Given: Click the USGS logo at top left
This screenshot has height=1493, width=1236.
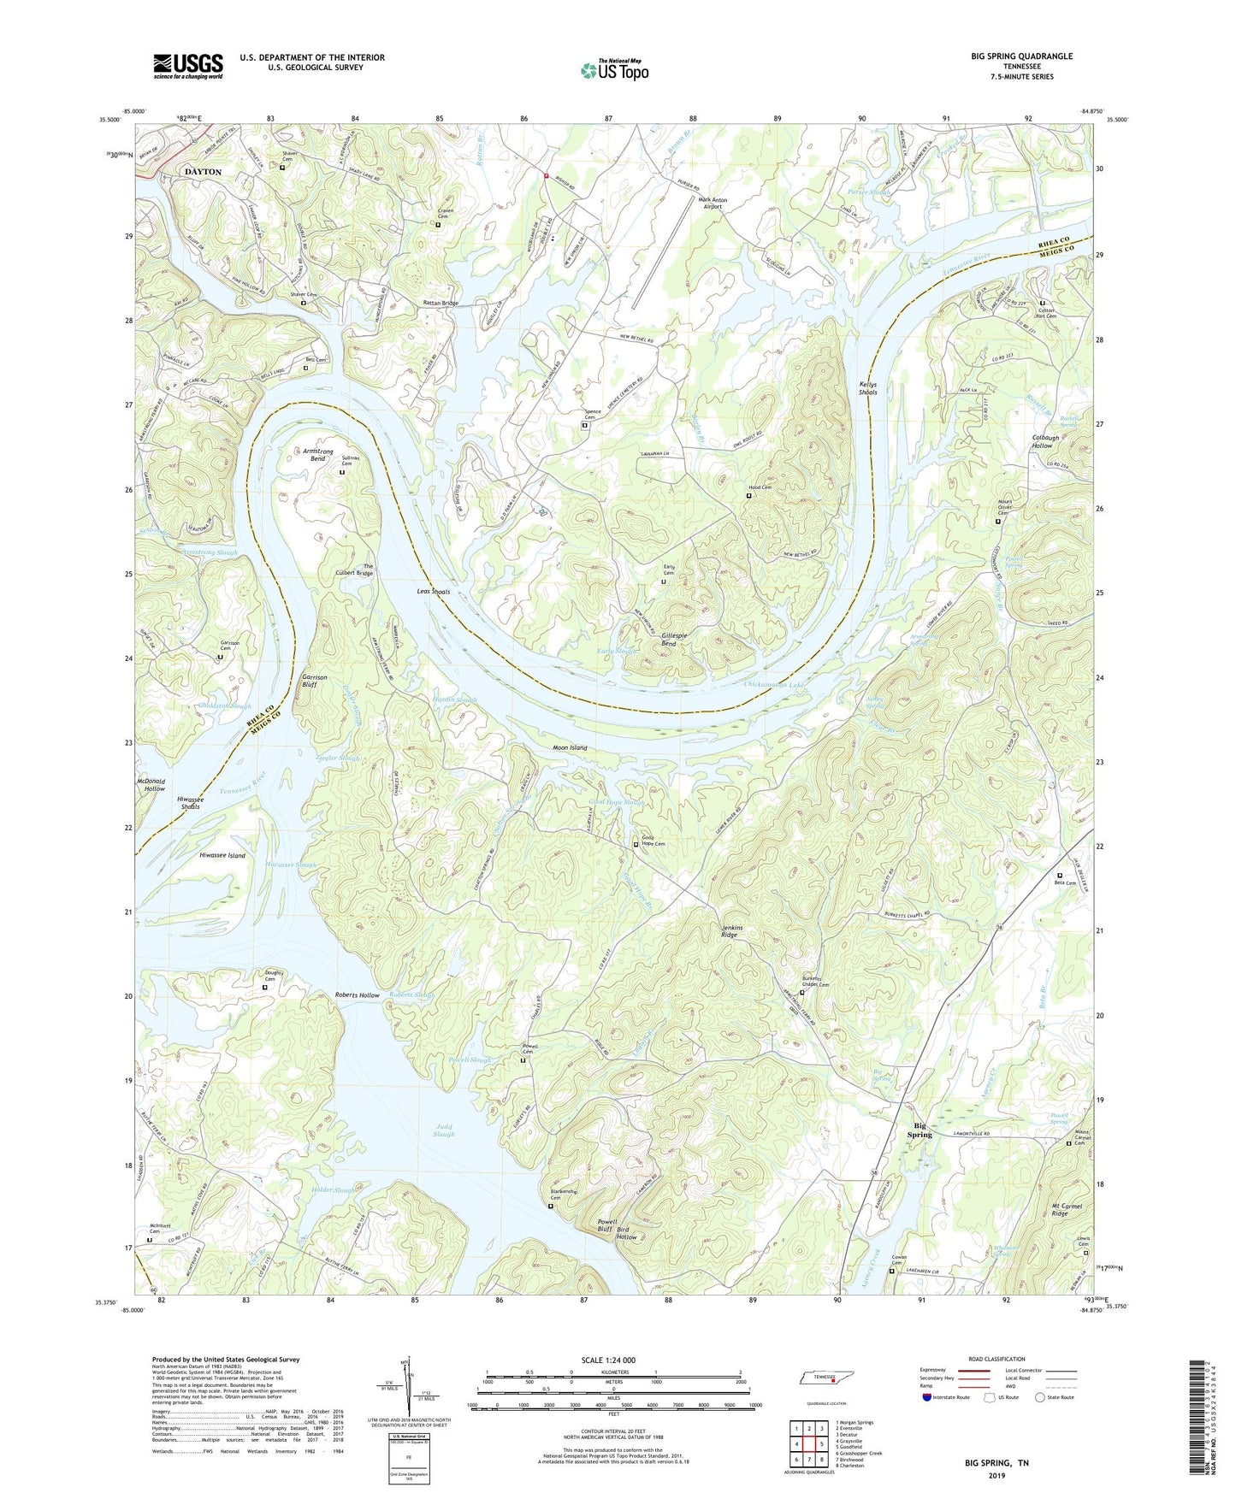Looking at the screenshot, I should pyautogui.click(x=188, y=66).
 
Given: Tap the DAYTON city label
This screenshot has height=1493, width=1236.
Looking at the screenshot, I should pyautogui.click(x=203, y=172).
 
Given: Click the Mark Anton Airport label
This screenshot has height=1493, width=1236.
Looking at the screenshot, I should pyautogui.click(x=713, y=203).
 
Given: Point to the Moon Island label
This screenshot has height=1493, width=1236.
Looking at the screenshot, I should pyautogui.click(x=570, y=747).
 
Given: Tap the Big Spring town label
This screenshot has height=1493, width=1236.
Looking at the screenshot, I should pyautogui.click(x=920, y=1130).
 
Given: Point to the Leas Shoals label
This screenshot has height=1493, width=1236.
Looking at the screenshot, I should pyautogui.click(x=433, y=592).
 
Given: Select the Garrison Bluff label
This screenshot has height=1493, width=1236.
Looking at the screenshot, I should pyautogui.click(x=315, y=681).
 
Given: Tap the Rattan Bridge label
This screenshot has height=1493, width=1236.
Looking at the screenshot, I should pyautogui.click(x=441, y=303).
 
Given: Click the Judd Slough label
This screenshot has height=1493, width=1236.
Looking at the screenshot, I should pyautogui.click(x=443, y=1130).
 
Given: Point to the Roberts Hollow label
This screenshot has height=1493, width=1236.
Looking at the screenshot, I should pyautogui.click(x=357, y=995).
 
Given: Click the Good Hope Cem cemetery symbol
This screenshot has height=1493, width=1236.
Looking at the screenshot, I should pyautogui.click(x=636, y=845).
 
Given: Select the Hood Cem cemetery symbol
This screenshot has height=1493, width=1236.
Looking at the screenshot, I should pyautogui.click(x=749, y=495).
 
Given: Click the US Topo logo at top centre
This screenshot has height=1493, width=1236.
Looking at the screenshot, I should pyautogui.click(x=614, y=70).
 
